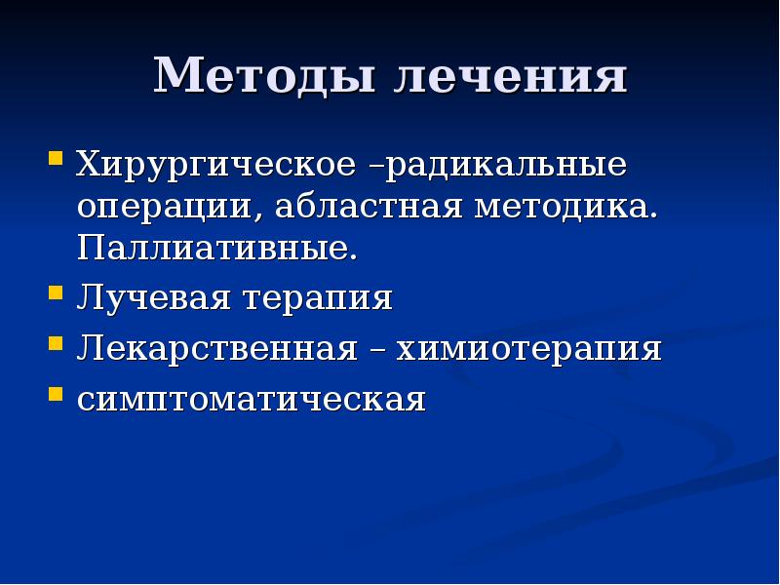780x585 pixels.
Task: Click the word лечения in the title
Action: [509, 76]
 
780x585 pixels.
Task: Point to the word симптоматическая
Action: [252, 400]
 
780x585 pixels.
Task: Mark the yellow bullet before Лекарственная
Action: [57, 342]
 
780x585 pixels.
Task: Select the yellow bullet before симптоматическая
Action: [57, 394]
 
